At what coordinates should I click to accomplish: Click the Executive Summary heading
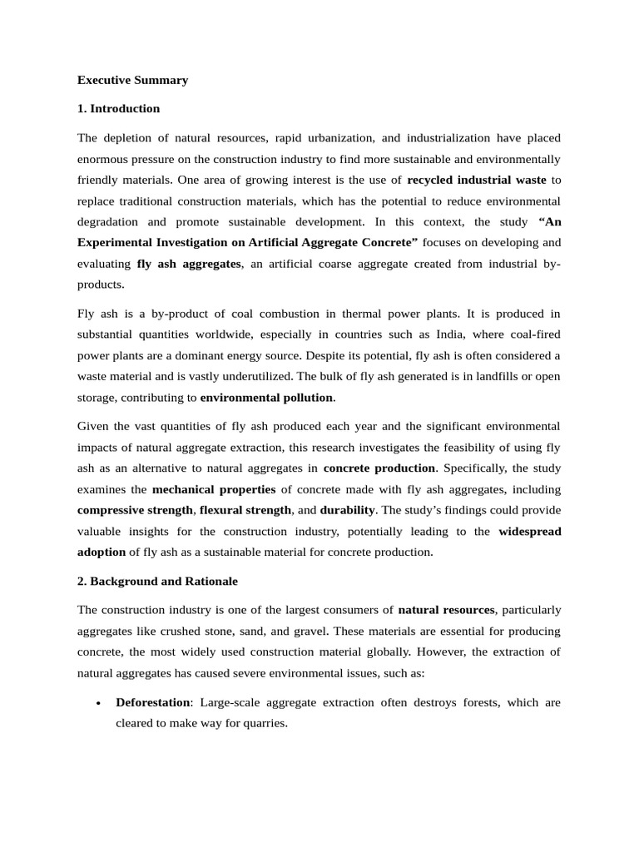[132, 81]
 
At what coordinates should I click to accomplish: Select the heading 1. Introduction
[118, 109]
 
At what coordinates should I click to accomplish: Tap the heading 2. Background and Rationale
[157, 581]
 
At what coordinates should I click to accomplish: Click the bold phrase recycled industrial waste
[477, 180]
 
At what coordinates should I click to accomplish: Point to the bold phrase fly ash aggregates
[189, 264]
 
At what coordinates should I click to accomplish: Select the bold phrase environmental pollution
[266, 398]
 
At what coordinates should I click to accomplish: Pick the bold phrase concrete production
[379, 468]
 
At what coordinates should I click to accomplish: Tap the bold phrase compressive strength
[135, 510]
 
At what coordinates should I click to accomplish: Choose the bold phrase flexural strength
[245, 510]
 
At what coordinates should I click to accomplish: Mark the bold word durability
[348, 510]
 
